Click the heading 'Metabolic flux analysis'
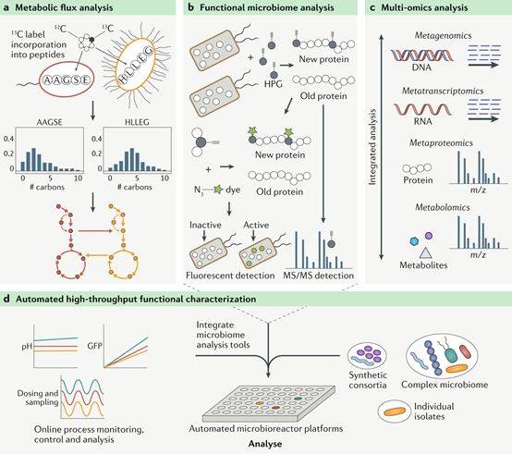tap(64, 7)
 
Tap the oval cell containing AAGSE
tap(67, 80)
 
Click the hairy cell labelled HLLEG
tap(136, 65)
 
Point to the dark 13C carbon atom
tap(91, 40)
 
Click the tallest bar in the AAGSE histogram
tap(33, 160)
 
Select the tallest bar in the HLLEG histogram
tap(132, 160)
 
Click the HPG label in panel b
tap(274, 84)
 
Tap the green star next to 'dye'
tap(218, 190)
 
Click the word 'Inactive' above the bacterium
tap(205, 225)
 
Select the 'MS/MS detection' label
tap(318, 276)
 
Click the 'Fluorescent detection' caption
tap(230, 276)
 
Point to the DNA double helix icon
tap(422, 55)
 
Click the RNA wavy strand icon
tap(423, 109)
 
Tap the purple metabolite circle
tap(429, 236)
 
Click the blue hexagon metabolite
tap(414, 241)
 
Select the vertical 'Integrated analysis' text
tap(372, 147)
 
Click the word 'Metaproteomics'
tap(441, 142)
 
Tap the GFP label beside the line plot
tap(95, 346)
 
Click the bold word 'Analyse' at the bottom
tap(265, 444)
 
